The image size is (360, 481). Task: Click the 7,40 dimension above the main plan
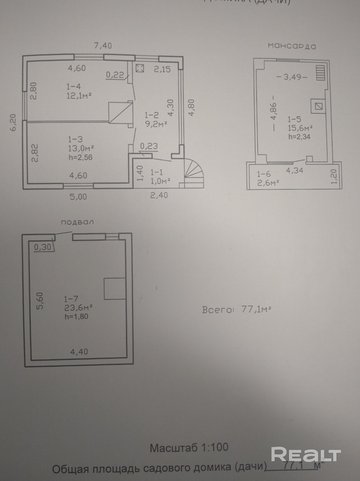pos(103,45)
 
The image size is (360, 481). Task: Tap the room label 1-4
pos(75,87)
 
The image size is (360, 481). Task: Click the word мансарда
pos(292,46)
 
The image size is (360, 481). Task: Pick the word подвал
pos(77,222)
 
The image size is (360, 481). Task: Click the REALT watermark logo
pos(305,455)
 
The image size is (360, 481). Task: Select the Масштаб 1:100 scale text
pos(189,448)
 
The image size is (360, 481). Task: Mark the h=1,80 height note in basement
pos(76,317)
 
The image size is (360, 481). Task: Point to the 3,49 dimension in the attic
pos(292,77)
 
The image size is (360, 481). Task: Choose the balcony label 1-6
pos(264,174)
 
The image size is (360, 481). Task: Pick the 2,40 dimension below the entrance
pos(159,195)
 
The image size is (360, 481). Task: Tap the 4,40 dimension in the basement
pos(79,352)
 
